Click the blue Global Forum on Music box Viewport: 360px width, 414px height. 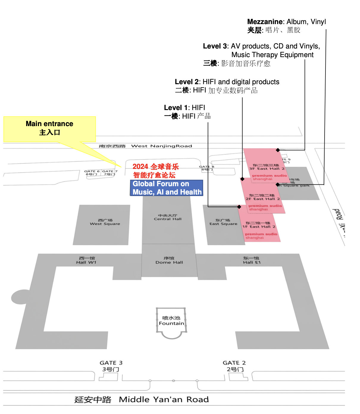coord(167,188)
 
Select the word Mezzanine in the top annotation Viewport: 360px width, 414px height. coord(265,22)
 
